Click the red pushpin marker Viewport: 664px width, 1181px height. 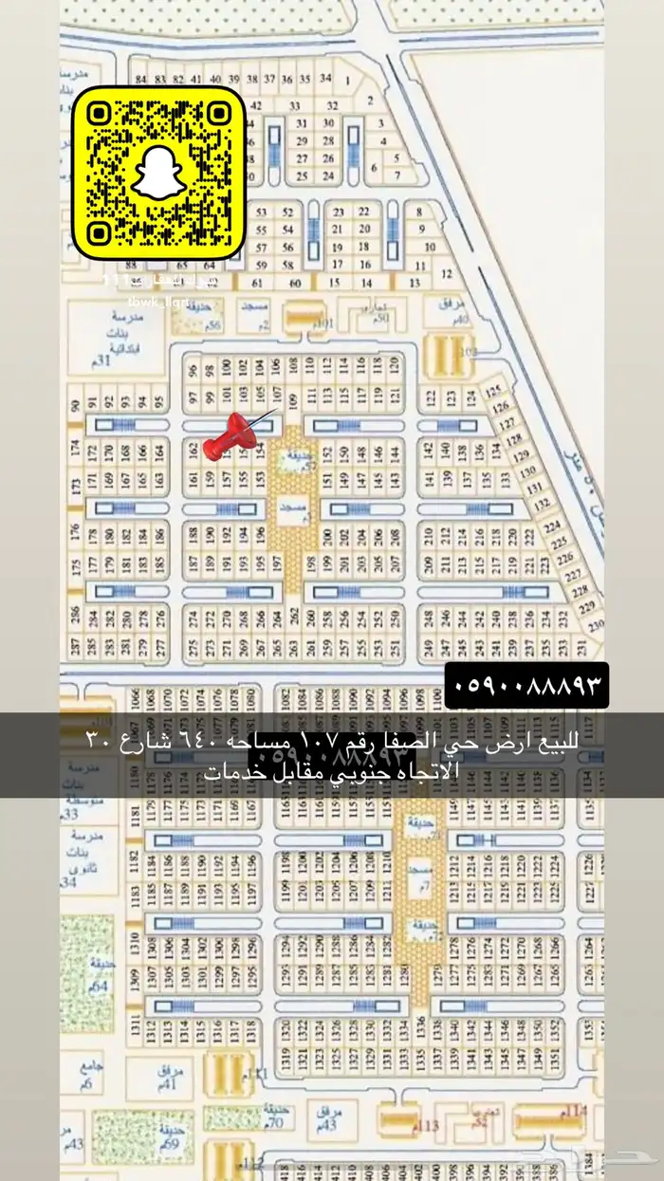[x=232, y=436]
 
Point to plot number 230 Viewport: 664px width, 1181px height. [x=595, y=626]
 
